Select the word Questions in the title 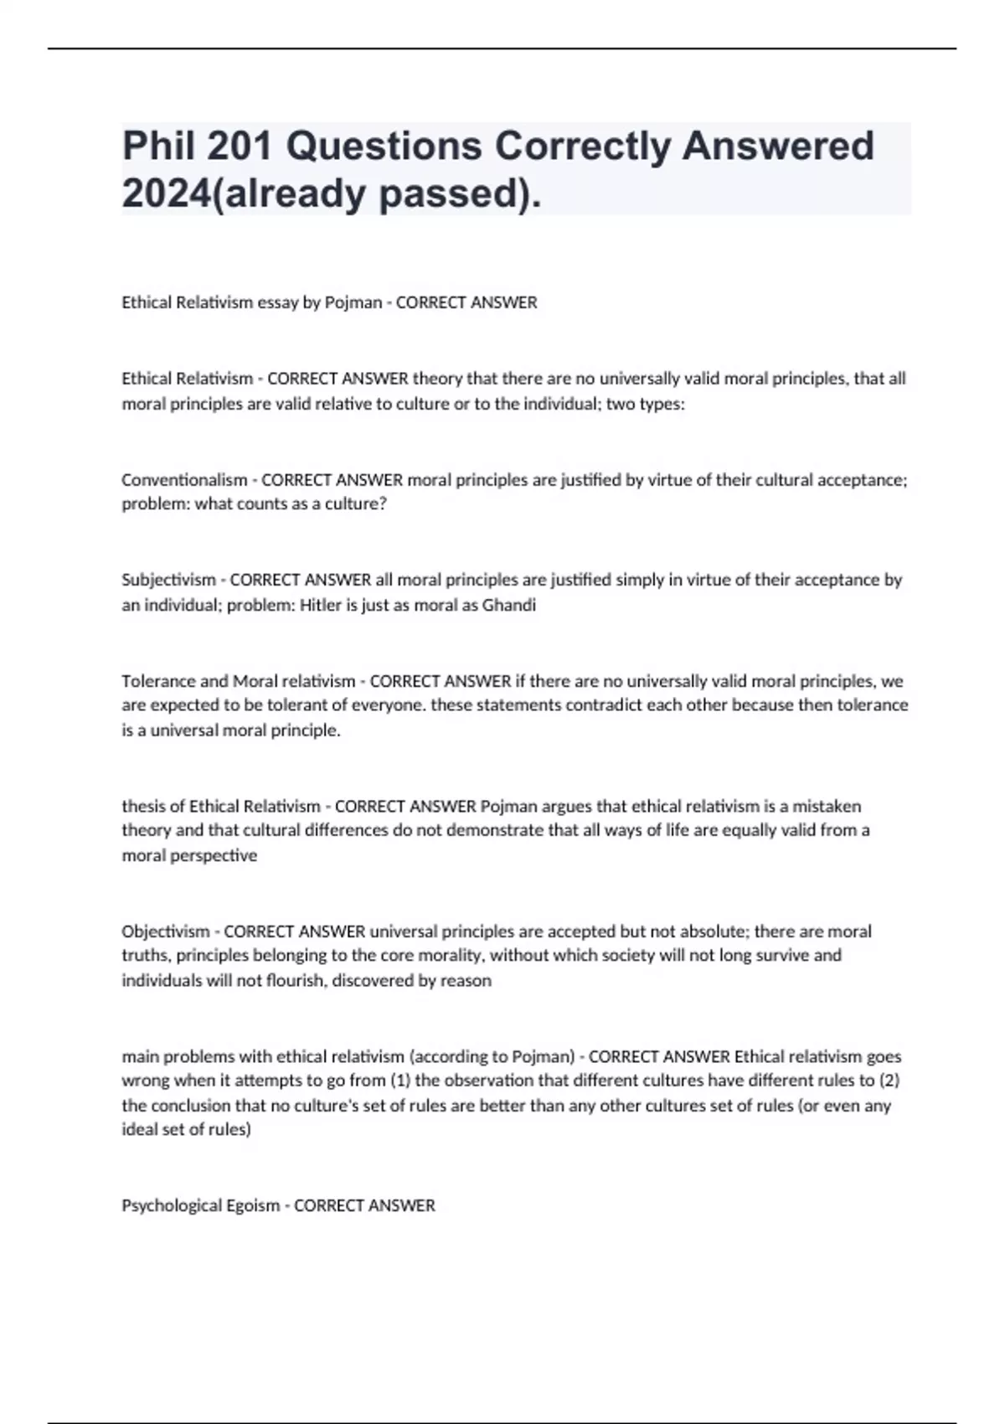tap(384, 146)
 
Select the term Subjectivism tap(168, 580)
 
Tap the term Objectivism tap(166, 931)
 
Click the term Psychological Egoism tap(200, 1205)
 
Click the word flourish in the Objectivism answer tap(295, 980)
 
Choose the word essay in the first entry tap(277, 302)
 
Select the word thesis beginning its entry tap(143, 806)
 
